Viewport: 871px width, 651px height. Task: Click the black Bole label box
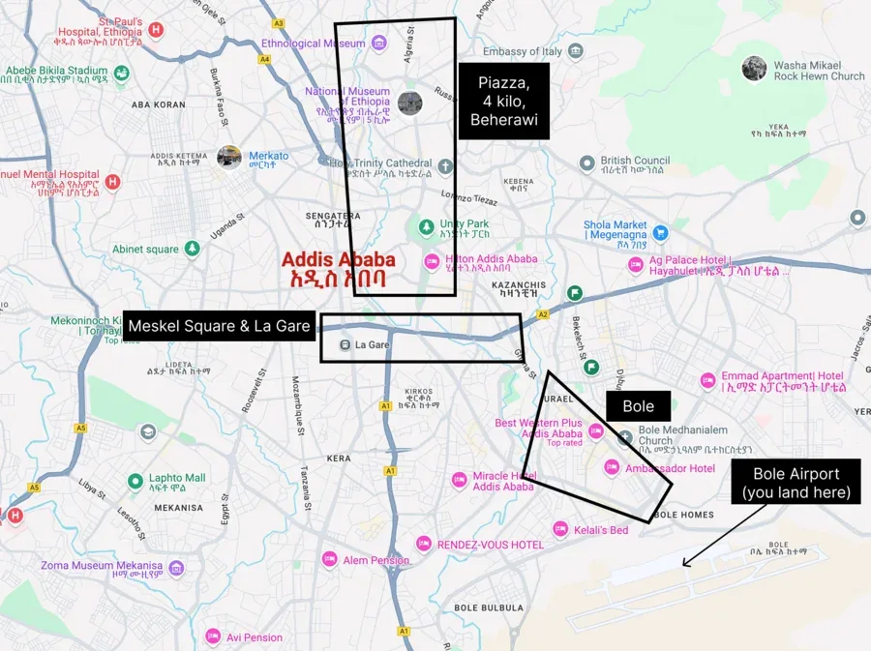pos(638,406)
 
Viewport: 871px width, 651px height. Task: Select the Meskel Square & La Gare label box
pos(220,326)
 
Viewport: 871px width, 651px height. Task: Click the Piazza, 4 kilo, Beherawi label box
pos(503,101)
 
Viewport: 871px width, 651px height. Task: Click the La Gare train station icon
pos(343,344)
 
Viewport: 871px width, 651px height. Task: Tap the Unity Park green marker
pos(426,227)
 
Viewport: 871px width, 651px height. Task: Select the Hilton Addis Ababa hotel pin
pos(433,262)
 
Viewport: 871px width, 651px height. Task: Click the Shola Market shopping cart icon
pos(660,232)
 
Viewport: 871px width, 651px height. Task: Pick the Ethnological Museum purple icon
pos(378,44)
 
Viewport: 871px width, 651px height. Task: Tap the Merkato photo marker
pos(229,156)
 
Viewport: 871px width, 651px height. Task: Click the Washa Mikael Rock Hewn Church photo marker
pos(754,69)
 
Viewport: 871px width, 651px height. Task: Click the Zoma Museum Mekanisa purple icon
pos(176,567)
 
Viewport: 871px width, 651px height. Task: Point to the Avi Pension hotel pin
pos(213,636)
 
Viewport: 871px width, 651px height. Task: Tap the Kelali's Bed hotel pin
pos(559,529)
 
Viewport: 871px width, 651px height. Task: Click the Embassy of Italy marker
pos(576,51)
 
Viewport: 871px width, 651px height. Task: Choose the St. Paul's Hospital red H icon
pos(156,31)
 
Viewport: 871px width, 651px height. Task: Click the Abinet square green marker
pos(192,250)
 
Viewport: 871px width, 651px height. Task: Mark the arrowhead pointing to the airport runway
pos(685,564)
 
